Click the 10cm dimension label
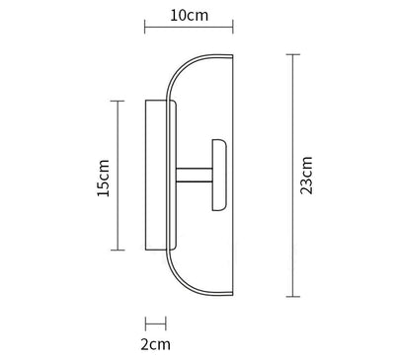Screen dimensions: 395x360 (190, 15)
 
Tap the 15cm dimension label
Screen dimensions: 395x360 (103, 178)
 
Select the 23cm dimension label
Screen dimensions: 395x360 (306, 176)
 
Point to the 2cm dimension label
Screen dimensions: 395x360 (156, 344)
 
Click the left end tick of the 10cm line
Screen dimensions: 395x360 (145, 27)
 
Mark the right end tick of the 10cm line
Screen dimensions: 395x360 (233, 27)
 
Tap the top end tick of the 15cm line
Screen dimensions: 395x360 (118, 101)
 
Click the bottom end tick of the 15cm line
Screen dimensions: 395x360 (118, 251)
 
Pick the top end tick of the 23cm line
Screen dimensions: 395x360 (292, 54)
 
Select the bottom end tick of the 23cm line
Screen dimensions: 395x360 (292, 297)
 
